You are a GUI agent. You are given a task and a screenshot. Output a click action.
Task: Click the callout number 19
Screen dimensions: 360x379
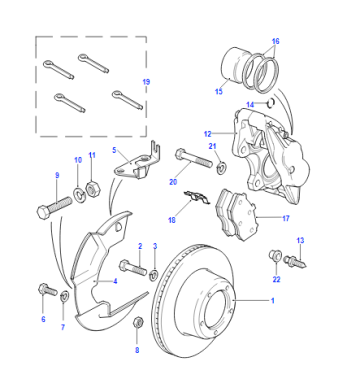pos(146,82)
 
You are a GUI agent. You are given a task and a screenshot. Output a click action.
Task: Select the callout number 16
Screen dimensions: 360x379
pos(275,41)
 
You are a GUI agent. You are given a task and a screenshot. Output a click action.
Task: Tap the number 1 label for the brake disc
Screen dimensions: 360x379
pos(273,301)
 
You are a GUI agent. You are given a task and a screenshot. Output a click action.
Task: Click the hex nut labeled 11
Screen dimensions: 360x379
pos(91,190)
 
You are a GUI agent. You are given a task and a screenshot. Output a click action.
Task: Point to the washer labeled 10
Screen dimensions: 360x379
pos(79,194)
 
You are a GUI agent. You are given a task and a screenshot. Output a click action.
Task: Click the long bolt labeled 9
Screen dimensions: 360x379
pos(54,208)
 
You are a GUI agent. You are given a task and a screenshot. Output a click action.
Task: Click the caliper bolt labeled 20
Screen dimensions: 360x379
pos(193,159)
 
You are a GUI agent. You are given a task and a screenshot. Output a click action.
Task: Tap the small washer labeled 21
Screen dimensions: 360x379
pos(221,166)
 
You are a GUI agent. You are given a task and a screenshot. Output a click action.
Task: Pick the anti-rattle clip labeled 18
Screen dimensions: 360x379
pos(197,198)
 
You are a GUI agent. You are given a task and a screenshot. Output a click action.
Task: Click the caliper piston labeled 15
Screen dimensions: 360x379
pos(232,67)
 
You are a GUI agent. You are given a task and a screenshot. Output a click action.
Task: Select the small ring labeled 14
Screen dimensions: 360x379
pos(271,103)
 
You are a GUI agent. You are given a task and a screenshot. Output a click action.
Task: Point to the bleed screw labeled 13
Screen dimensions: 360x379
pos(295,261)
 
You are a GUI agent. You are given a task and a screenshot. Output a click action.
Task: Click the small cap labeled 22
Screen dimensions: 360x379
pos(274,256)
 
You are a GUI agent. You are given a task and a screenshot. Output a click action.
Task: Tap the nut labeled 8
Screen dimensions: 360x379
pos(138,323)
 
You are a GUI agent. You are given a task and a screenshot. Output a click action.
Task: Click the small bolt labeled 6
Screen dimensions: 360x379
pos(48,289)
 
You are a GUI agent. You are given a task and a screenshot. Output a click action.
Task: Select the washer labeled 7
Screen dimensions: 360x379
pos(64,295)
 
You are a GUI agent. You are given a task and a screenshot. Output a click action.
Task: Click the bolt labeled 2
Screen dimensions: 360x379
pos(133,268)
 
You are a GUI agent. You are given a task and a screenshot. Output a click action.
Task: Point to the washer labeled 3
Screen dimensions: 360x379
pos(154,275)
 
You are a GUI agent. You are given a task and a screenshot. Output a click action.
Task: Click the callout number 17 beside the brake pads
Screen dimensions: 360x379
pos(286,218)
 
